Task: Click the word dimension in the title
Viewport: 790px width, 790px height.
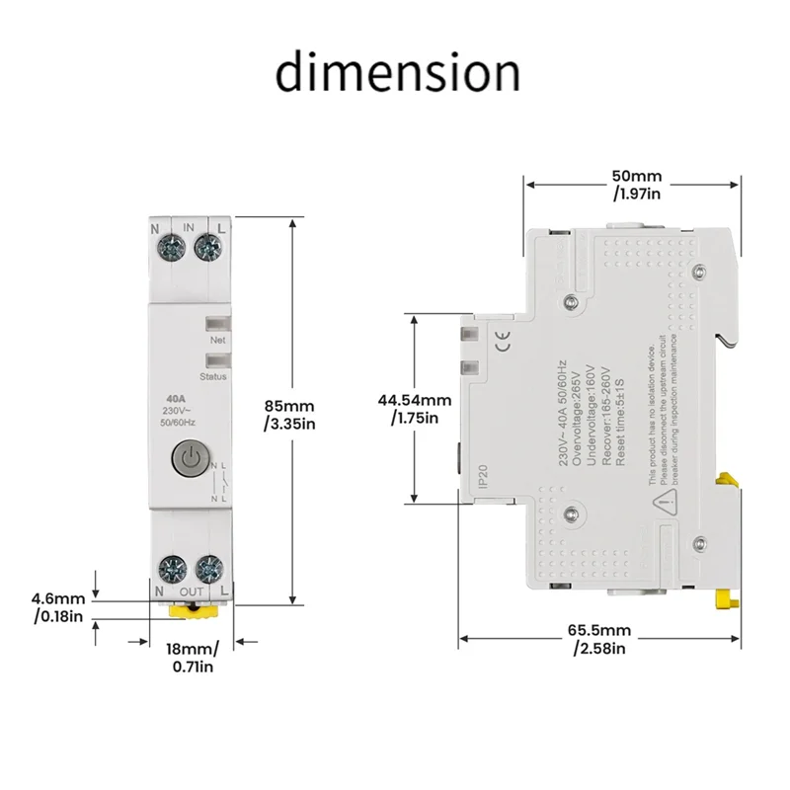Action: (397, 73)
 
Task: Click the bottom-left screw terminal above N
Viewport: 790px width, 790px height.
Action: (171, 568)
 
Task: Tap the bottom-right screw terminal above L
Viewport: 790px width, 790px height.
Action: (206, 568)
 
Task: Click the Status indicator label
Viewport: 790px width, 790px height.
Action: (214, 376)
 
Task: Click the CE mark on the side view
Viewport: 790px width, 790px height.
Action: (502, 345)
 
